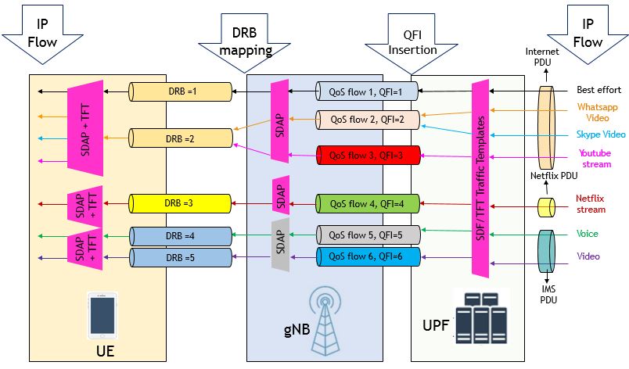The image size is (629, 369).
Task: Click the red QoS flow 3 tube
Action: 368,155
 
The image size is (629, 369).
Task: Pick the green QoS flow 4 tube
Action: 368,205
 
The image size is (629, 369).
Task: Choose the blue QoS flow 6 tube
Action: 368,256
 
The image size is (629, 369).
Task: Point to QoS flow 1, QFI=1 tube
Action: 368,91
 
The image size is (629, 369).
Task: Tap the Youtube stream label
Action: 595,158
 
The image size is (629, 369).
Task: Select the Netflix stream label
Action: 591,204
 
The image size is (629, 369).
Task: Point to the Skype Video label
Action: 599,134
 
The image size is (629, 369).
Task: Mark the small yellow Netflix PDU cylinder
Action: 545,206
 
